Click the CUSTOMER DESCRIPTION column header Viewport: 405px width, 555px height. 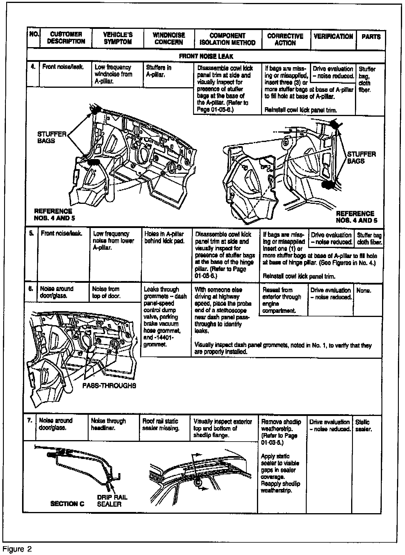[x=66, y=38]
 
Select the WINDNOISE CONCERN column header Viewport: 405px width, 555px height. [x=169, y=39]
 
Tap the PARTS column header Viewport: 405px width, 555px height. [x=371, y=37]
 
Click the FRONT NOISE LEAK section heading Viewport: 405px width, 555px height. [x=206, y=56]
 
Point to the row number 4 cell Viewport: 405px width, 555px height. [x=33, y=67]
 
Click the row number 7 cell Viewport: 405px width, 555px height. [x=30, y=421]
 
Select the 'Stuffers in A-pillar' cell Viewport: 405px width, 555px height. [x=159, y=71]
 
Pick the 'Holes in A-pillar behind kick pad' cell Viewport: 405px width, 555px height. [x=164, y=237]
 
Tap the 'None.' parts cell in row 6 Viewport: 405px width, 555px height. [x=364, y=291]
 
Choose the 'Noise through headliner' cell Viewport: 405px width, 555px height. [x=108, y=424]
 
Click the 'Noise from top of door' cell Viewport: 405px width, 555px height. [x=106, y=293]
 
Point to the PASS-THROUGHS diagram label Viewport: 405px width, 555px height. [x=109, y=386]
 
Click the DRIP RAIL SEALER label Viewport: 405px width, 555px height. [x=112, y=501]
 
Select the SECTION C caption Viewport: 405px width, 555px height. [x=67, y=504]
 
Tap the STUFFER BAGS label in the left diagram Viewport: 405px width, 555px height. [x=52, y=137]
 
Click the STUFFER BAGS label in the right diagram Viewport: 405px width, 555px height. [x=361, y=158]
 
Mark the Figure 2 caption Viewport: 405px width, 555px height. [x=17, y=549]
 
